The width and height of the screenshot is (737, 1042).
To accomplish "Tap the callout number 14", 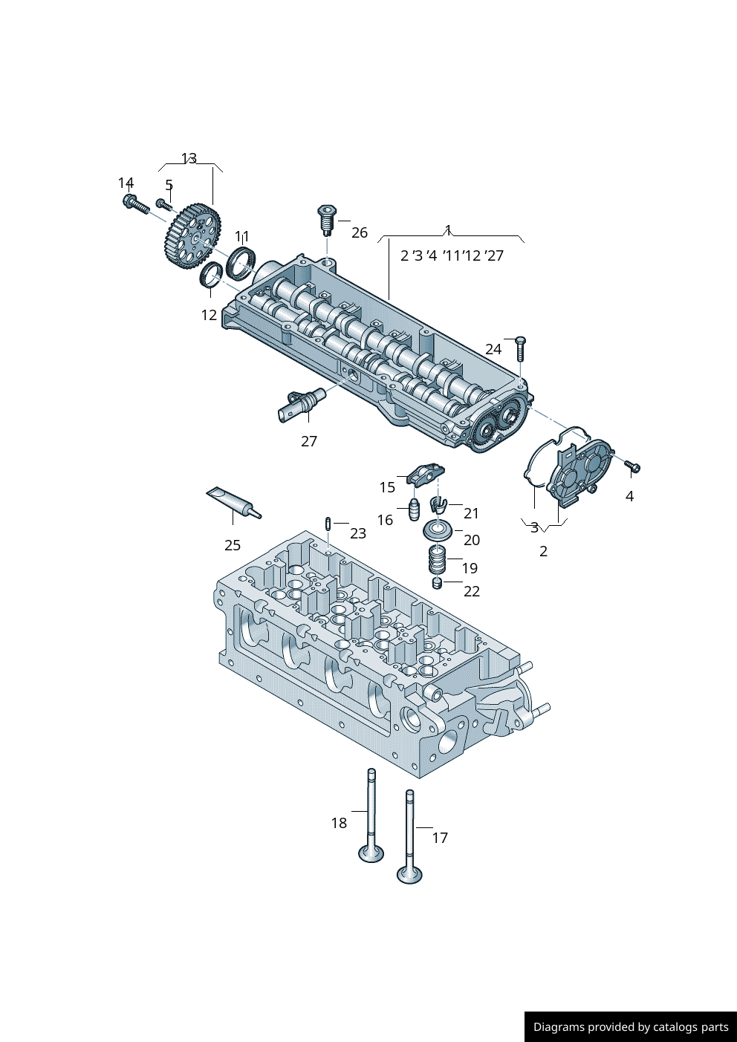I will [x=126, y=183].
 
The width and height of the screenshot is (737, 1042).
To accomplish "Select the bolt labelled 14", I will [x=134, y=203].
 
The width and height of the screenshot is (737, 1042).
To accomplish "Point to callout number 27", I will [x=309, y=441].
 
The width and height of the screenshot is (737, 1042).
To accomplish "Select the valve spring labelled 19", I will [x=437, y=559].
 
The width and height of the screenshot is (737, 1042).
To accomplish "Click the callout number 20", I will [x=472, y=540].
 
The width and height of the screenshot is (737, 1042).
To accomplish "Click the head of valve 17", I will [x=409, y=874].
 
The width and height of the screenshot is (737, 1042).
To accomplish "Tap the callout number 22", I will [x=472, y=591].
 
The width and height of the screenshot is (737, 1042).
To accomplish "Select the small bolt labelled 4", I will [x=633, y=466].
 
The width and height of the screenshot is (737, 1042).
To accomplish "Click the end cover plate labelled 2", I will [x=579, y=472].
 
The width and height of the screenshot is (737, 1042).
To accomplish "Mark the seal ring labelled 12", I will [x=212, y=276].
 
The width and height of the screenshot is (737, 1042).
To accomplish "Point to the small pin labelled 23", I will [x=328, y=524].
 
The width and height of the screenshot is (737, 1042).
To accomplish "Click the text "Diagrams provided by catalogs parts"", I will [x=631, y=1027].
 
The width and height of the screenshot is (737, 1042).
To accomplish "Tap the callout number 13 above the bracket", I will [x=189, y=158].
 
